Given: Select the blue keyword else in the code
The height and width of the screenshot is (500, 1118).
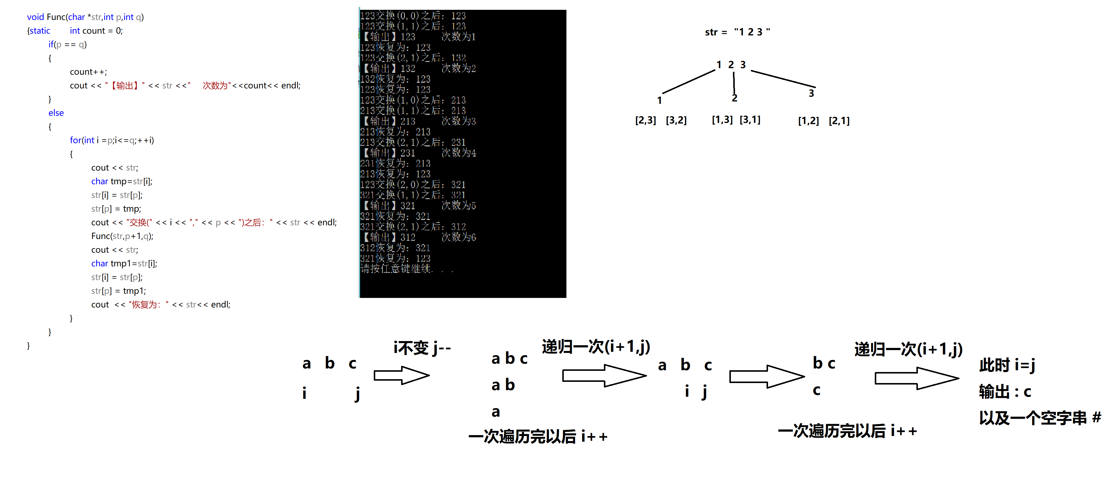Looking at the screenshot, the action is [x=56, y=113].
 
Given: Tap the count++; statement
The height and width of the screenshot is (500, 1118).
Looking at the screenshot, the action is [x=88, y=72].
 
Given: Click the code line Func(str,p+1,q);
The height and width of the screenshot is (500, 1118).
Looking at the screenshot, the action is [x=122, y=236].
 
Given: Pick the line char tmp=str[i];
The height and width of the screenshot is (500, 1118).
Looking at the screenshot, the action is [x=122, y=181].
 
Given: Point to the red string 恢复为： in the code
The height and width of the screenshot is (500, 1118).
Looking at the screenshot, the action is [x=147, y=304].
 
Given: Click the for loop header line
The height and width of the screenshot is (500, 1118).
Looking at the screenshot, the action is [x=112, y=140].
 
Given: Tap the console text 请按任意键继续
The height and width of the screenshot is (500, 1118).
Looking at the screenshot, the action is [x=396, y=269].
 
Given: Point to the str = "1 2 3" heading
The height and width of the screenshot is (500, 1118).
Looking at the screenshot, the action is [x=737, y=32].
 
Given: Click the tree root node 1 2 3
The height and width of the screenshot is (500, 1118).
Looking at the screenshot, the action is [x=731, y=65].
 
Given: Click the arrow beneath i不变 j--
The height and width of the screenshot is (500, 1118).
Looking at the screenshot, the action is [x=401, y=375].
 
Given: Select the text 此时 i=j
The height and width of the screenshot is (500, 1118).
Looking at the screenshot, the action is [x=1007, y=365].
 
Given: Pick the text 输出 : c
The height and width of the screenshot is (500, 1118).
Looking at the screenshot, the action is [x=1005, y=392].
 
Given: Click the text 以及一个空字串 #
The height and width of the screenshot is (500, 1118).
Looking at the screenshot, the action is [x=1040, y=418].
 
